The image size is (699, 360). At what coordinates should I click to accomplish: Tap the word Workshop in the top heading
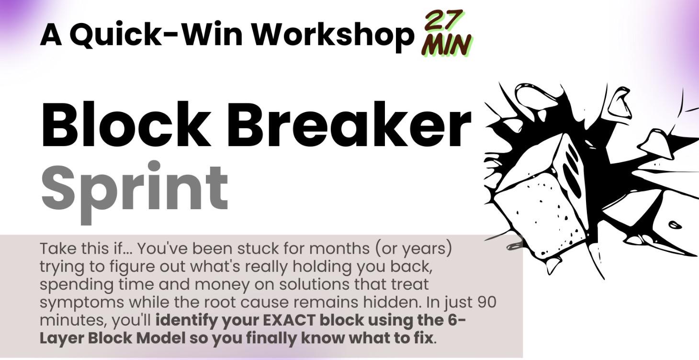point(333,34)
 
